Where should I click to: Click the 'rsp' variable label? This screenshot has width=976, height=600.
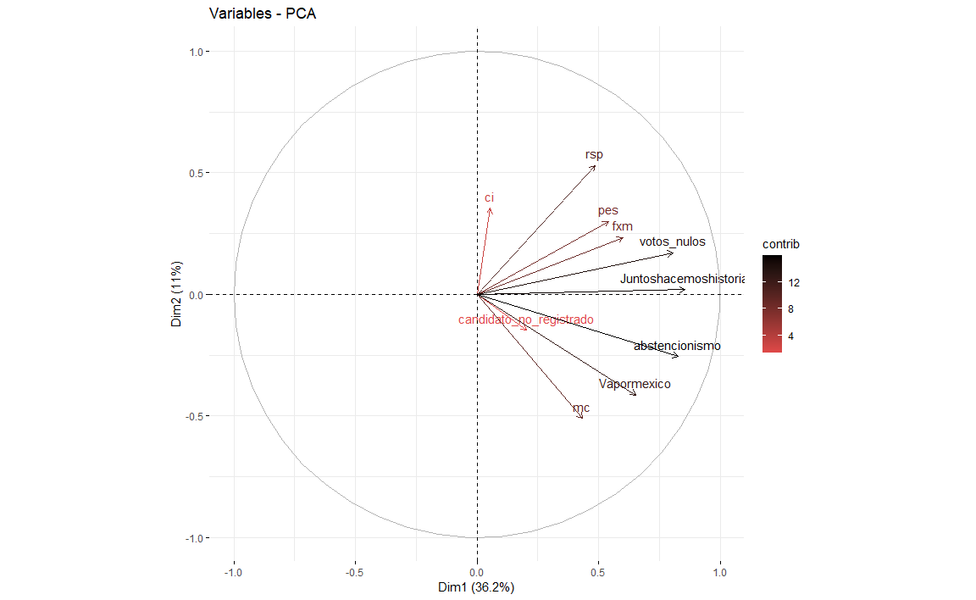[594, 154]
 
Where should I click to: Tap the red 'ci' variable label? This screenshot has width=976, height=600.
[489, 197]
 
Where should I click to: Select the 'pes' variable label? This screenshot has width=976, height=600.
[607, 210]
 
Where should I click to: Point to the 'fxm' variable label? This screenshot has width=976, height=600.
[622, 226]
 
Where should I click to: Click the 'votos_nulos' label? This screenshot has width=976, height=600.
[672, 242]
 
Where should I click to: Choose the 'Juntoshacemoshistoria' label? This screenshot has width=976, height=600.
[682, 279]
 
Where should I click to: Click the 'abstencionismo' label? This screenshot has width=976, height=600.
[677, 346]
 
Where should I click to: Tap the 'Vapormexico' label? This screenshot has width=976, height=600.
[634, 384]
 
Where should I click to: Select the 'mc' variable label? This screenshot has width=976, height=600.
[581, 408]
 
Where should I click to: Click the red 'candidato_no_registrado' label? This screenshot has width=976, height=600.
[525, 319]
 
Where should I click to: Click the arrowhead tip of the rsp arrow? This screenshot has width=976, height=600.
[596, 165]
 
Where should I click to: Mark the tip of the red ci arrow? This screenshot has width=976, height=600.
[490, 208]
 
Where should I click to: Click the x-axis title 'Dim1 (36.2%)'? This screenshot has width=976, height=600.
[476, 587]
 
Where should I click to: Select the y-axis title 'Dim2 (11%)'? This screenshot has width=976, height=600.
[178, 295]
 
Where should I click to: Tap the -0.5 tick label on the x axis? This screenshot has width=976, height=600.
[355, 572]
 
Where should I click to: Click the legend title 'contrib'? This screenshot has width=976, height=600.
[781, 244]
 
